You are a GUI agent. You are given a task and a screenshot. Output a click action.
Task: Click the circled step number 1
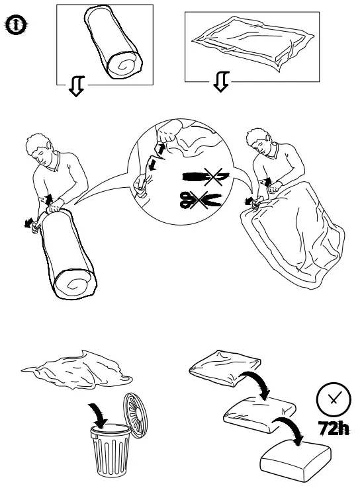(16, 25)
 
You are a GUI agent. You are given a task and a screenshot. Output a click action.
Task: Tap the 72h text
(334, 429)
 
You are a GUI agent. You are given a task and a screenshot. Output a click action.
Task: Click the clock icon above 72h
(334, 399)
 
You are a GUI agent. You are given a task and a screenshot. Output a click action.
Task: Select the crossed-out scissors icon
(201, 200)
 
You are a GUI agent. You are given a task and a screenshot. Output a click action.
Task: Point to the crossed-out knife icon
(206, 177)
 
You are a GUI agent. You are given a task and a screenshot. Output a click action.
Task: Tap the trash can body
(111, 450)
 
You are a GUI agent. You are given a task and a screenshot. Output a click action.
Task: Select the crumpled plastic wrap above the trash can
(77, 370)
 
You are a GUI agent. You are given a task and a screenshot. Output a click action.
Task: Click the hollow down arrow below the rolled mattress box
(76, 86)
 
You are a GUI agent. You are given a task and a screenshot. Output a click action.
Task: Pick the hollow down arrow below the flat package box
(222, 82)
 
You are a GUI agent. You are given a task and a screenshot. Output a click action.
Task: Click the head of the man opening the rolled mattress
(40, 150)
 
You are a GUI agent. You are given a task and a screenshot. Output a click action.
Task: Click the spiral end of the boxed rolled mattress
(124, 65)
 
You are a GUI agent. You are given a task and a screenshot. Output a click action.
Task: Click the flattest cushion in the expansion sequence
(225, 368)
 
